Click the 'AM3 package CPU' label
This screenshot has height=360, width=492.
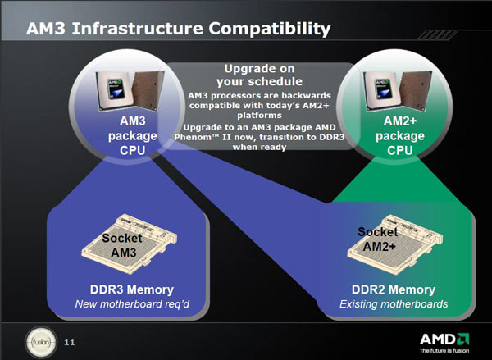pos(126,134)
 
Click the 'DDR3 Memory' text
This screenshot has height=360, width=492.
pos(132,289)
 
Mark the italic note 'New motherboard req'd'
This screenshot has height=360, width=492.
pos(132,305)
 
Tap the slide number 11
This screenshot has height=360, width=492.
pos(69,341)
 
